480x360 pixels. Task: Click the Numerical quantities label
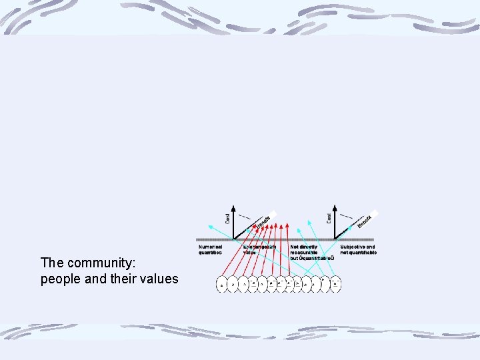pos(211,249)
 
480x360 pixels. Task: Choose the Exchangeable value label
pos(259,249)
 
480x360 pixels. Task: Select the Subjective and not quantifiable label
pos(358,249)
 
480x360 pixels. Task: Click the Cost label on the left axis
pos(227,217)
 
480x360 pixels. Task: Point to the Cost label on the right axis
pos(329,217)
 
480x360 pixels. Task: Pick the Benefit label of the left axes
pos(263,222)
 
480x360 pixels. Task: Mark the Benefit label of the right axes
pos(364,221)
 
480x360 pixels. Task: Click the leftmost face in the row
pos(222,284)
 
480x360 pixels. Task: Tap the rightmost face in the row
pos(336,283)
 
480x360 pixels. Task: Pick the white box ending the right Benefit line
pos(374,213)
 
